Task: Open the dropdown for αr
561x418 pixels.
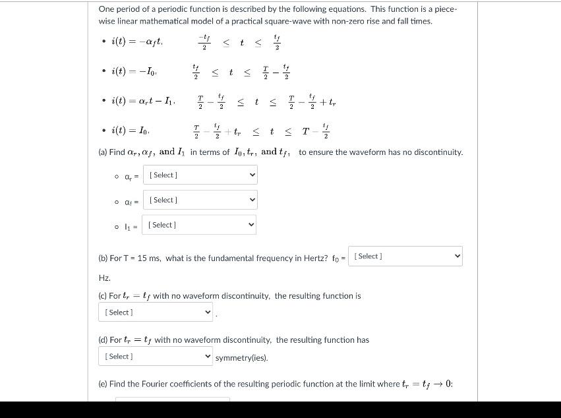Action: tap(200, 175)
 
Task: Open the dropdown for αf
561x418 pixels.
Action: tap(200, 200)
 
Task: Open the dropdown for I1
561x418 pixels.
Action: tap(200, 225)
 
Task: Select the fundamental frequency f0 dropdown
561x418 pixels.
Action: tap(405, 256)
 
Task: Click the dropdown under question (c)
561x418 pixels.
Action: tap(156, 312)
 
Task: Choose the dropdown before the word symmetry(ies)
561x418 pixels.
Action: tap(156, 357)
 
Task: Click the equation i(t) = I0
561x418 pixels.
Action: tap(133, 132)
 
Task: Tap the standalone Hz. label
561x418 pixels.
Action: tap(104, 278)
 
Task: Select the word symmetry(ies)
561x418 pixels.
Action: tap(241, 357)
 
